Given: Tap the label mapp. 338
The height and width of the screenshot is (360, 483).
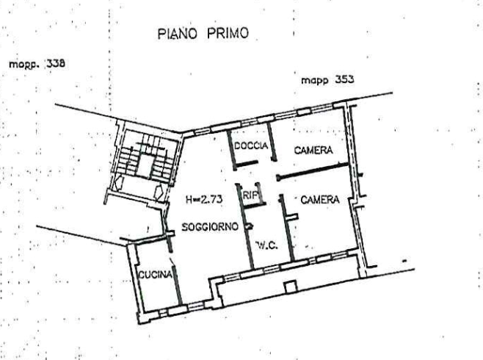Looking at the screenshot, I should click(37, 64).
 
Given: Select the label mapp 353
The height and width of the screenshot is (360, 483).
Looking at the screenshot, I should click(327, 79).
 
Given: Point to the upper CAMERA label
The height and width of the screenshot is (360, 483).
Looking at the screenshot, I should click(313, 150).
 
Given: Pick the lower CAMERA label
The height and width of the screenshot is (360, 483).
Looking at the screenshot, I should click(319, 199).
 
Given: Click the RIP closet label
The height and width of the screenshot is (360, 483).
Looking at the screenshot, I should click(251, 195).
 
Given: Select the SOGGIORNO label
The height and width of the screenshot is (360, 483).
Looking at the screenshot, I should click(210, 228).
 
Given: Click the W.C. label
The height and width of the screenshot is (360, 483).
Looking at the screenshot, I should click(266, 245).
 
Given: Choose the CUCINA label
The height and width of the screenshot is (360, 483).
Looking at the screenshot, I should click(156, 275).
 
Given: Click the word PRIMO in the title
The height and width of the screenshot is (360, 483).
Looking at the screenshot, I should click(227, 34).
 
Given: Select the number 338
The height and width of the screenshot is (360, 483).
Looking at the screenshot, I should click(55, 64).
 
